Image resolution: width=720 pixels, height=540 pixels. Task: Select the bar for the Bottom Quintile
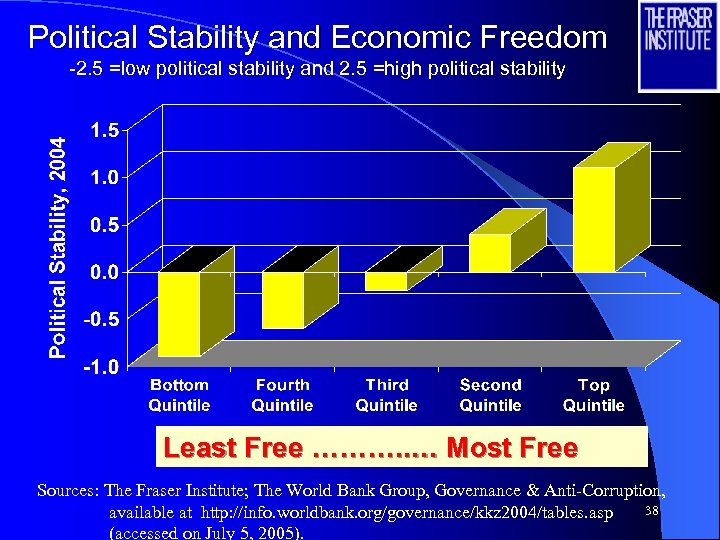(179, 313)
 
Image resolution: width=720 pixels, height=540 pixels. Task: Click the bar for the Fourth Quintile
(283, 300)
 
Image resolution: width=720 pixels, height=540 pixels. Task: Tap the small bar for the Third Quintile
(386, 281)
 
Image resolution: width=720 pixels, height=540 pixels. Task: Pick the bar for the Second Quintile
(490, 252)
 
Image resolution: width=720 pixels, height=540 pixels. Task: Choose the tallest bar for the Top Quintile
(594, 218)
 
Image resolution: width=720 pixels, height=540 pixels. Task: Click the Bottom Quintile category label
(179, 395)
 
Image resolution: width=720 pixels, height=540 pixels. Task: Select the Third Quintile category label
(386, 395)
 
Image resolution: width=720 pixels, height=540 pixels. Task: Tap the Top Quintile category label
(594, 395)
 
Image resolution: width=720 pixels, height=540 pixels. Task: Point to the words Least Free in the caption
(232, 448)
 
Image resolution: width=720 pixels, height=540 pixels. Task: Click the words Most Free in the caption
(512, 448)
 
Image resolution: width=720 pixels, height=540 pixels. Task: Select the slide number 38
(650, 512)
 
